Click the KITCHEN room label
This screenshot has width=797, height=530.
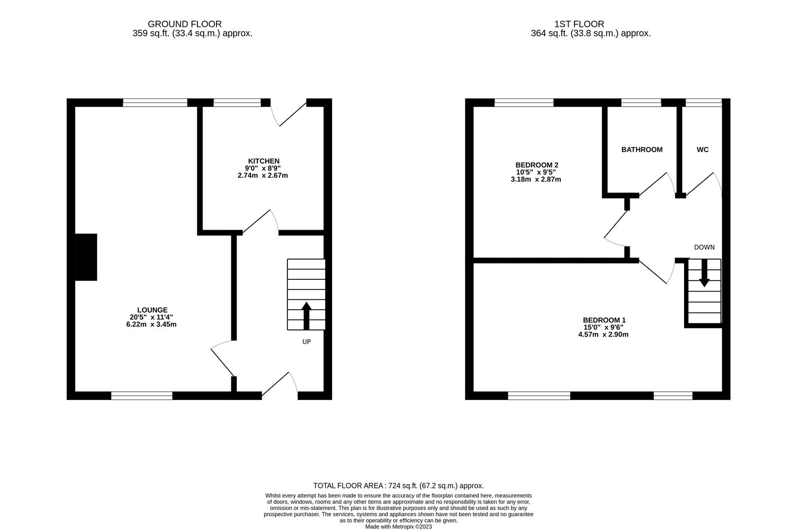pos(263,161)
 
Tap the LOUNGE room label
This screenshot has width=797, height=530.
pos(152,310)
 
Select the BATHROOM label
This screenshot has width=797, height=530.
pos(641,150)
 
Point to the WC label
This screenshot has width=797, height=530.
pos(702,150)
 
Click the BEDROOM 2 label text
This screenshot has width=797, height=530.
pos(536,165)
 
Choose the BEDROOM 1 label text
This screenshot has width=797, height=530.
pos(604,320)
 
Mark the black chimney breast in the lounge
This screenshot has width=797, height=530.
pos(86,257)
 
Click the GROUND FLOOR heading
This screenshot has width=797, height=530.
pos(184,24)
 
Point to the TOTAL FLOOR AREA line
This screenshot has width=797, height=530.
pos(398,486)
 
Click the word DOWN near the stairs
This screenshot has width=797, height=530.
pos(704,247)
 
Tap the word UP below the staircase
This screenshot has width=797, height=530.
pos(306,342)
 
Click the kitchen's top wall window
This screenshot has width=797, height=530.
pos(237,103)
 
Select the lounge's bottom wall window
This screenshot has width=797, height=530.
pos(141,396)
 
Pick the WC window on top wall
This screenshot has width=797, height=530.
pos(703,103)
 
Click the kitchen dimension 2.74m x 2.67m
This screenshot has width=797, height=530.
pos(262,175)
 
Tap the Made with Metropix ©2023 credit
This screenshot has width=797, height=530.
pos(398,527)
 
